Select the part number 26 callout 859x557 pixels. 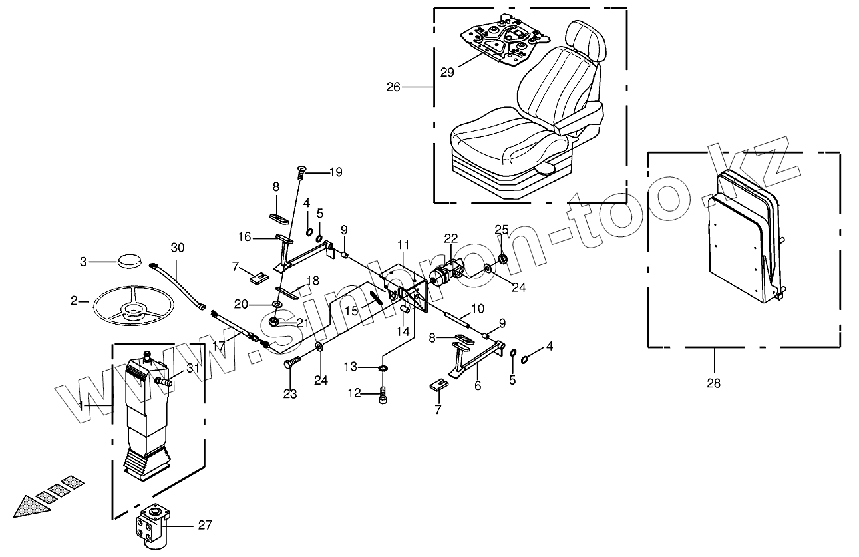(393, 87)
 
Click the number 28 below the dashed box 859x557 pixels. (714, 383)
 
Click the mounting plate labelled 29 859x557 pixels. (503, 43)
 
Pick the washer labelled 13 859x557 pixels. (383, 369)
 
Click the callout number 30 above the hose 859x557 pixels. (176, 248)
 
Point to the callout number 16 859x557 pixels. (245, 236)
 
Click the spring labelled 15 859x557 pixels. (376, 297)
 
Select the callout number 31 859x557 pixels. (192, 369)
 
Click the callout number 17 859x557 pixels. (218, 345)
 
